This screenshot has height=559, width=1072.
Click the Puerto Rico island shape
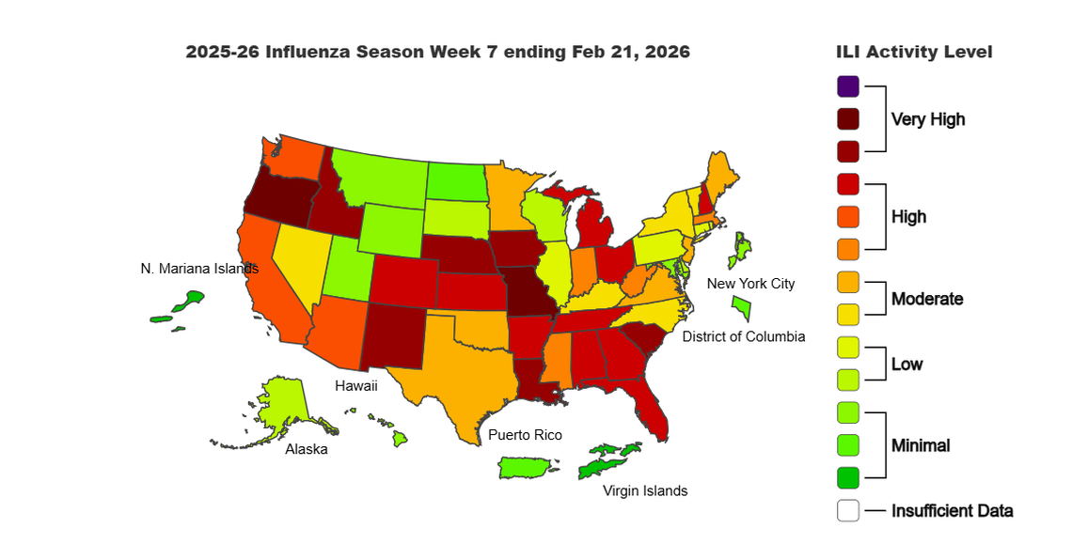527,467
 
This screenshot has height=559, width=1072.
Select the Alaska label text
307,449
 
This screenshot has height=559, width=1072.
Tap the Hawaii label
356,385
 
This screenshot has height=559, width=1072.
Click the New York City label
750,284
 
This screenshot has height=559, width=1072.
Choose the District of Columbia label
743,336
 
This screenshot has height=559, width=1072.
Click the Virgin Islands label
645,490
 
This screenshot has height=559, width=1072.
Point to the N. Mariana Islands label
199,269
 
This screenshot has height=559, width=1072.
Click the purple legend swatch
848,86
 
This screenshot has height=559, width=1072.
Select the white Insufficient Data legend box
848,511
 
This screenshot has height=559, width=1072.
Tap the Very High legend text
928,119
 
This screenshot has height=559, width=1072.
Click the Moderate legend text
927,299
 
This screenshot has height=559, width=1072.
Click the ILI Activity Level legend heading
914,52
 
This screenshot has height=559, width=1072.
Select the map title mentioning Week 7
437,52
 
